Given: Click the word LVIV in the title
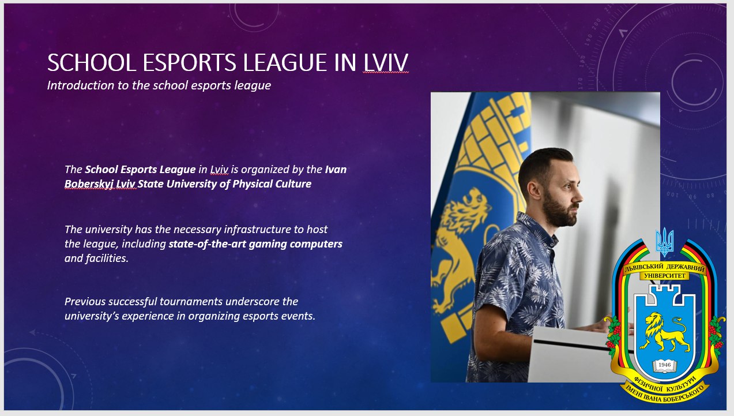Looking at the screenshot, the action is tap(386, 62).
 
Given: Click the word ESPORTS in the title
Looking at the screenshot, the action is tap(189, 62).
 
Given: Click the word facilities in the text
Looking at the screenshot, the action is tap(107, 258).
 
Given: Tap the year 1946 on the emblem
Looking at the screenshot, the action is tap(665, 365).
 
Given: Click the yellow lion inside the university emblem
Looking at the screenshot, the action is tap(665, 332).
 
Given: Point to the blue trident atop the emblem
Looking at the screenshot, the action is tap(665, 242).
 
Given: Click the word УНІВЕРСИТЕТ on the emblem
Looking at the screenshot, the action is tap(665, 276).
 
